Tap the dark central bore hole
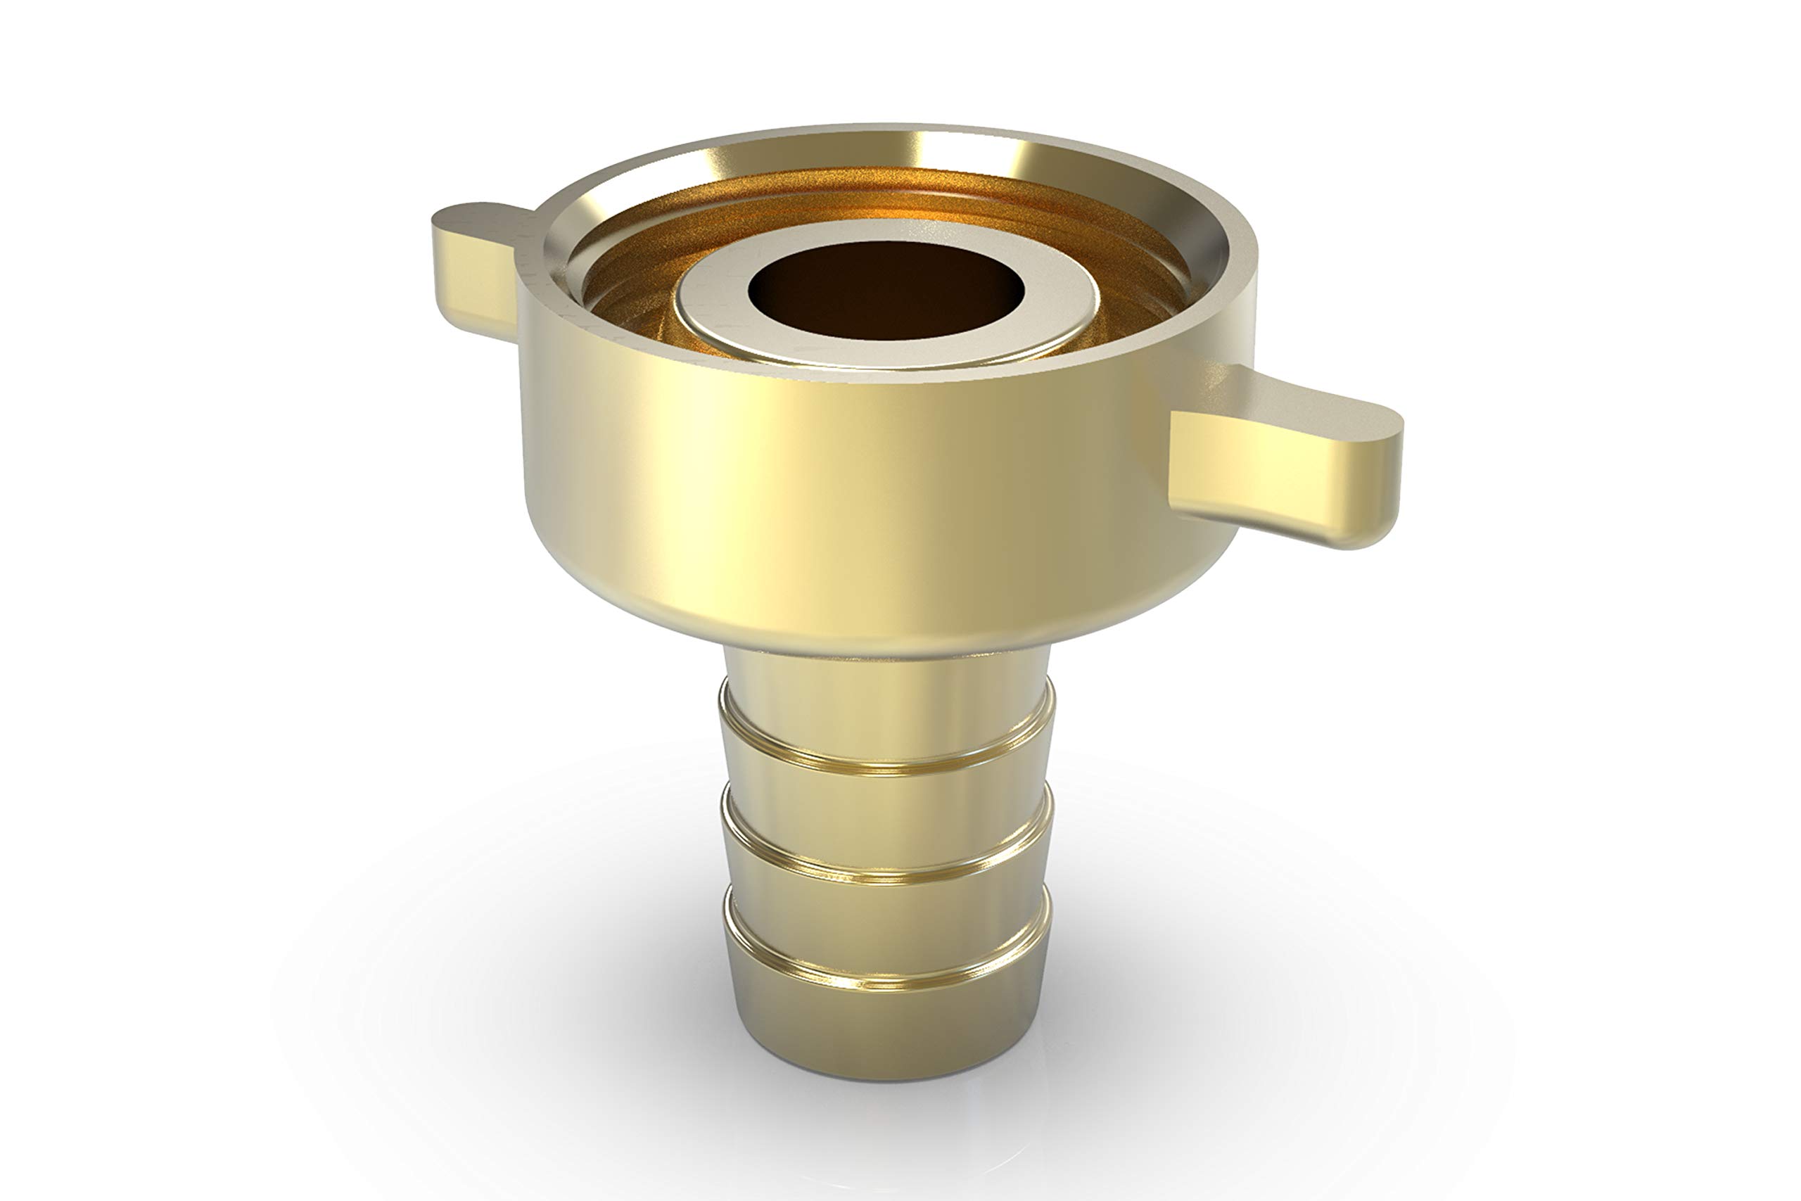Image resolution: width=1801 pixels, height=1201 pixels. pos(886,291)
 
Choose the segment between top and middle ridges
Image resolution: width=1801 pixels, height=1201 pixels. pos(887,815)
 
